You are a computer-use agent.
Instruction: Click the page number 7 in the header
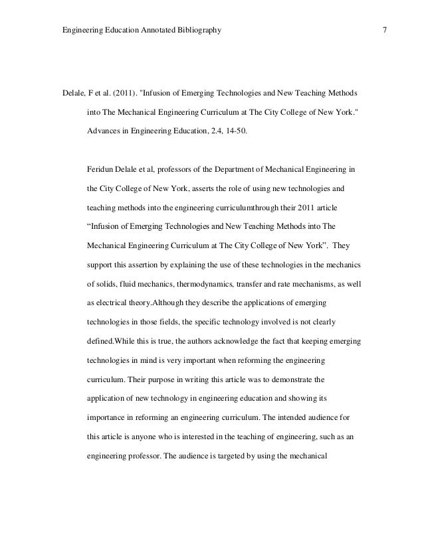pyautogui.click(x=385, y=31)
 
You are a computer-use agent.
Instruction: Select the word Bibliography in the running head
pyautogui.click(x=199, y=31)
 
